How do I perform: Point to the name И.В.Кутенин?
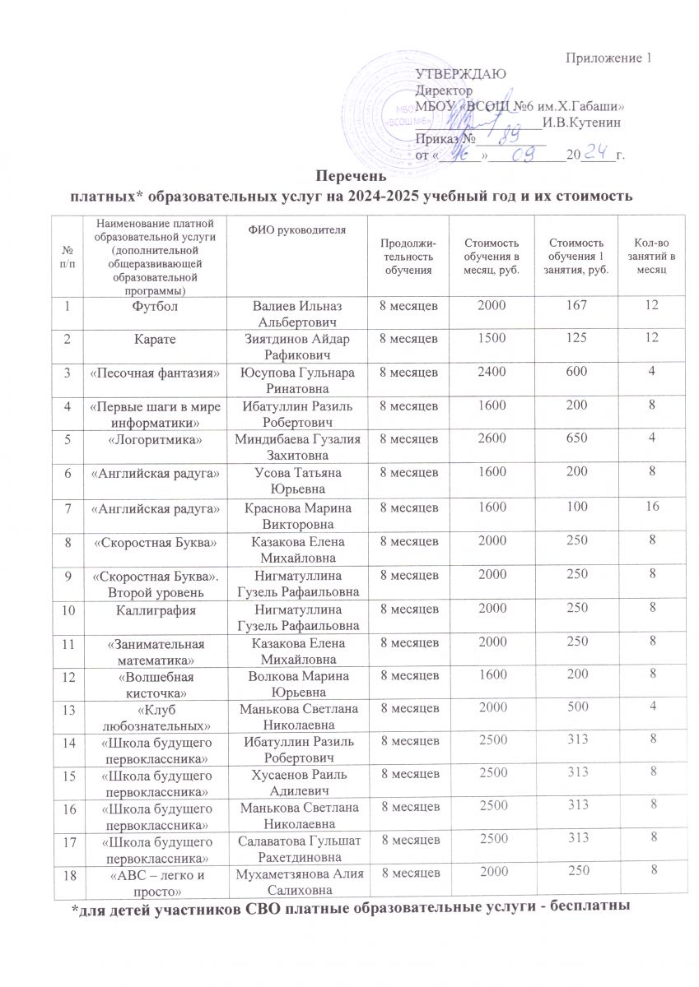pyautogui.click(x=582, y=122)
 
